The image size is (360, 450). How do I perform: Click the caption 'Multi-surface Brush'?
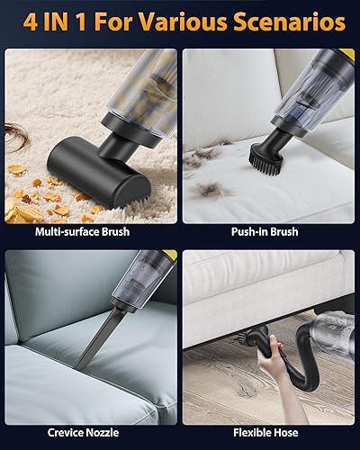89,232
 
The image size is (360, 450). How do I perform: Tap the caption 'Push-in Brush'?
269,232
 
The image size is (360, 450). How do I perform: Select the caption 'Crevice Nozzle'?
89,433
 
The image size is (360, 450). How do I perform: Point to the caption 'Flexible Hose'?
269,433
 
